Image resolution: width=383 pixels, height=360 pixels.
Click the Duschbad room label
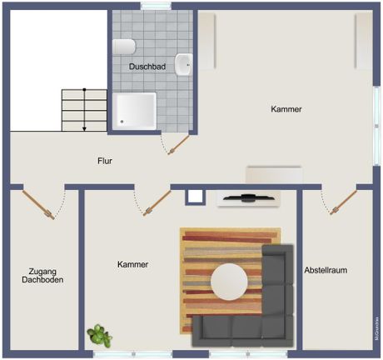[147, 67]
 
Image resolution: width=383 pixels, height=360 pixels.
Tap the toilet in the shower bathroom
[124, 47]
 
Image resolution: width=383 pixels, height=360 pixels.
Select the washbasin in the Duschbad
[183, 65]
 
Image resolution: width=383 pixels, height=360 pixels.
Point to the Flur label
[105, 161]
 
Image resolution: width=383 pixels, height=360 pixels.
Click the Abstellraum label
[326, 270]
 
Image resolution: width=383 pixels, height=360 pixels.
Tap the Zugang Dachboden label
[42, 275]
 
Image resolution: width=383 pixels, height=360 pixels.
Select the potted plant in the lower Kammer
[99, 335]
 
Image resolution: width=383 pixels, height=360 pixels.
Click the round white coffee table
[229, 282]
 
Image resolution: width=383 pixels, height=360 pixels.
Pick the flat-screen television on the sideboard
[249, 197]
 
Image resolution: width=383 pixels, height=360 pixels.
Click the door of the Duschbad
[179, 144]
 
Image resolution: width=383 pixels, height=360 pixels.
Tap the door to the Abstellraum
[343, 202]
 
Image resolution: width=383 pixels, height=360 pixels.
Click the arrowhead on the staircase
[84, 129]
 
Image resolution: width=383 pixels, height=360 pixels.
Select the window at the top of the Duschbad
[156, 6]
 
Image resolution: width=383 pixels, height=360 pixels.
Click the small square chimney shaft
[196, 197]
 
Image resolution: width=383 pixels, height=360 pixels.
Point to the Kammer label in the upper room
[286, 109]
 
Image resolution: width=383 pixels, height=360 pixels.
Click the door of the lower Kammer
[157, 202]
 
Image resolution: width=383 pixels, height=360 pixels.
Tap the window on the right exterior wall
[376, 126]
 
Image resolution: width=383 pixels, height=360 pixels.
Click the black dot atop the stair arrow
[84, 90]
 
